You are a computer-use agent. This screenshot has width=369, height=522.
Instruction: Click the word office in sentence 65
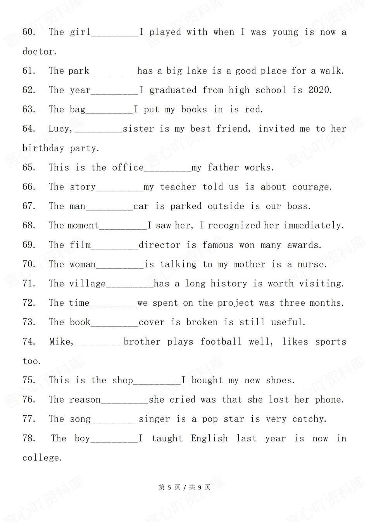(x=128, y=168)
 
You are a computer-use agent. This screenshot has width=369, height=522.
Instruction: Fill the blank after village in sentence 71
(x=130, y=285)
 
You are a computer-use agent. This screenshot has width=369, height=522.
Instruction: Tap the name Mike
(x=60, y=342)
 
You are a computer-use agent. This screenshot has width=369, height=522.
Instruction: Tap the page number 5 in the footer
(x=169, y=487)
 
